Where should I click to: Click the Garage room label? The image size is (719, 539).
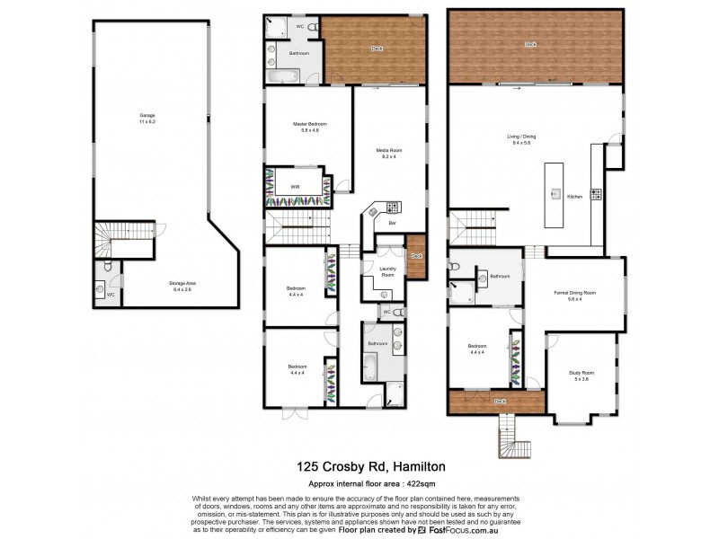click(x=146, y=117)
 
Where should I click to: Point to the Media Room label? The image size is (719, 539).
click(x=388, y=152)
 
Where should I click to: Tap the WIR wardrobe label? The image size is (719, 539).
click(x=295, y=187)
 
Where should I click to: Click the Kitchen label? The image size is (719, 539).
click(x=575, y=196)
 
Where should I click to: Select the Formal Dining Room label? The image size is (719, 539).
click(x=575, y=293)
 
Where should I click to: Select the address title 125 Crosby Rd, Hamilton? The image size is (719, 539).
click(x=359, y=467)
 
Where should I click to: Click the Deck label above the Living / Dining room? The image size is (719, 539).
click(x=531, y=44)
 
